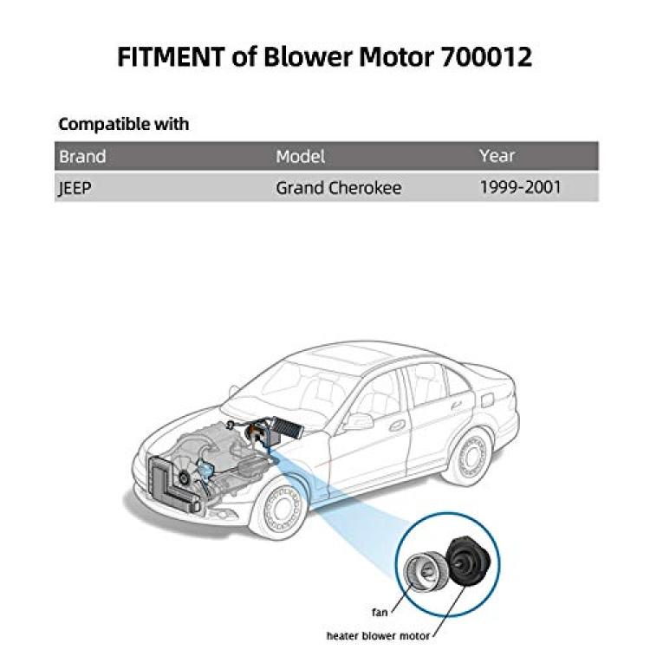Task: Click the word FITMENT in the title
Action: point(172,56)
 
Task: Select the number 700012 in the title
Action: point(486,56)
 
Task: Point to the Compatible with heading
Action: point(124,124)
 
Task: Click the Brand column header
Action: point(82,156)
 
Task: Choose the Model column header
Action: point(300,156)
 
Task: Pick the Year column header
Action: point(497,155)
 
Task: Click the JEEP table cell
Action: point(75,188)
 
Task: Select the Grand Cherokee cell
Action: point(338,188)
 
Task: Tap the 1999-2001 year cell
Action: point(520,187)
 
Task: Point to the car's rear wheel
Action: point(471,458)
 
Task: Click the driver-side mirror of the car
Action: point(358,420)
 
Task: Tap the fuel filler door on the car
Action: point(487,400)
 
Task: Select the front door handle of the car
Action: point(397,426)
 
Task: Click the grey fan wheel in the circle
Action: point(425,570)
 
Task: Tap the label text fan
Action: point(380,612)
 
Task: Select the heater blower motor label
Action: point(378,635)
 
